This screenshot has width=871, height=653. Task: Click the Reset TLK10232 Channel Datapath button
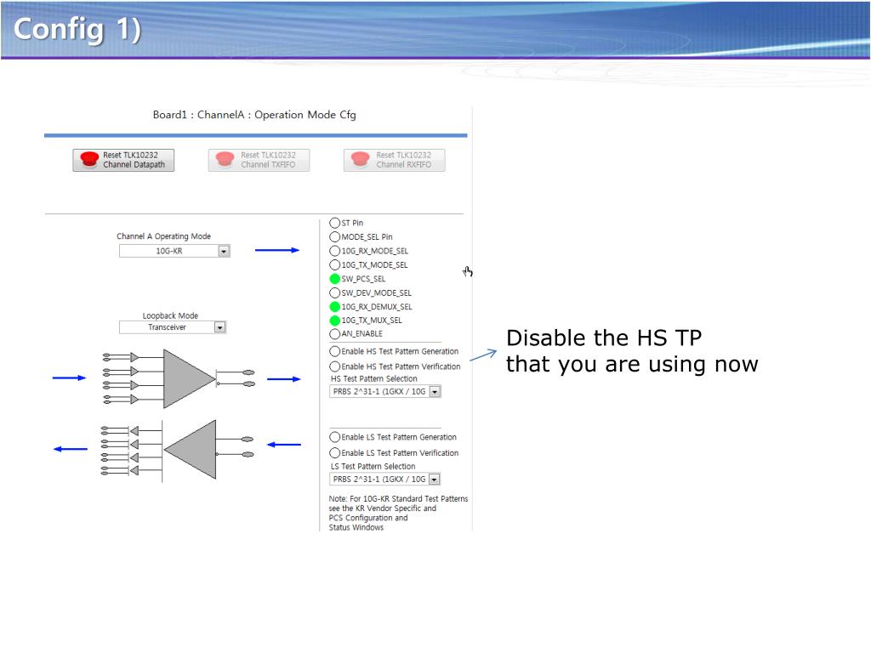[x=123, y=160]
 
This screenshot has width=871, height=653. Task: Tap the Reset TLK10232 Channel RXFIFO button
[x=395, y=160]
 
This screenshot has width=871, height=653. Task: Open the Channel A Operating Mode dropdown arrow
[x=224, y=252]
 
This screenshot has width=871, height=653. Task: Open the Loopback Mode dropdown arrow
[x=220, y=327]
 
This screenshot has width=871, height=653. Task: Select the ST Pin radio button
[x=334, y=224]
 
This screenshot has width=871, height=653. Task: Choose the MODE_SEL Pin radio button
[x=334, y=237]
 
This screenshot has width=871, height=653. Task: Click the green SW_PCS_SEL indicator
[x=334, y=279]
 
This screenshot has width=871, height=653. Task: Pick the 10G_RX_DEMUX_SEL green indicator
[x=334, y=306]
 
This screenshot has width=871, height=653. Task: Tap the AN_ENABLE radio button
[x=334, y=333]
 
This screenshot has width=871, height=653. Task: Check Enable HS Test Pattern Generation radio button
[x=334, y=351]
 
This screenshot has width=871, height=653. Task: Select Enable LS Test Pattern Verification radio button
[x=334, y=453]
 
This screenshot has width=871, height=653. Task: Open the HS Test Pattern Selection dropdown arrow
[x=435, y=392]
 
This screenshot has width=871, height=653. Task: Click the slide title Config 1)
[x=77, y=29]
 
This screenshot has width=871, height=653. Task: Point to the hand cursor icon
[x=468, y=271]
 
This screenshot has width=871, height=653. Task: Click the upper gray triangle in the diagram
[x=189, y=378]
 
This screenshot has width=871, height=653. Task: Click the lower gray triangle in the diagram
[x=191, y=450]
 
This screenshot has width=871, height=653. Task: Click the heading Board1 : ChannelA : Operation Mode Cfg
[x=254, y=115]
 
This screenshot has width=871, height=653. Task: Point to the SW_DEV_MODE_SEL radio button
[x=334, y=292]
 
